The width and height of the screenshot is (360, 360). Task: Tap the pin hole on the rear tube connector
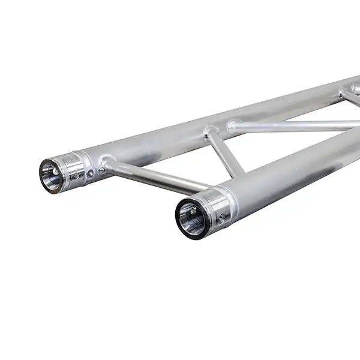(90, 173)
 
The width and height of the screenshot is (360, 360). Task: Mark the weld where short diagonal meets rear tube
(210, 131)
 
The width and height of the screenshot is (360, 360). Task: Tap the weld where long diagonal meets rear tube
(233, 125)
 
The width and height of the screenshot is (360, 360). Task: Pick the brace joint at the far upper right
(348, 91)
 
